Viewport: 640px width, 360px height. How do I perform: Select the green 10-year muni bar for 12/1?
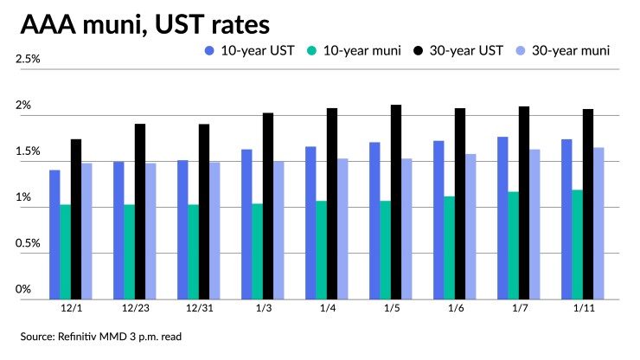(x=65, y=251)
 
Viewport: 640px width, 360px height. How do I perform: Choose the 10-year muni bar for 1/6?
(x=450, y=247)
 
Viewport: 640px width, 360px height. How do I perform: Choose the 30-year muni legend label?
(x=571, y=50)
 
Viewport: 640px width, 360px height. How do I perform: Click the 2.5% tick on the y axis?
(x=29, y=60)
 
